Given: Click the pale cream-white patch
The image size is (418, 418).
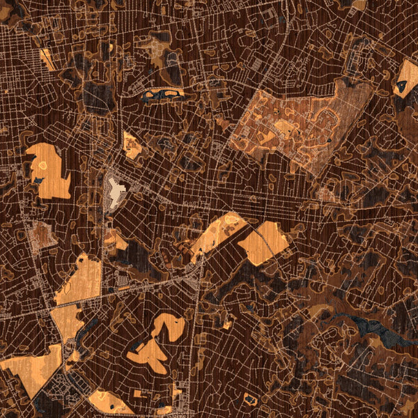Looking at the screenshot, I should coord(116,190).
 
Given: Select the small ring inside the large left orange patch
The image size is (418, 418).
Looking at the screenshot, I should coord(42,165).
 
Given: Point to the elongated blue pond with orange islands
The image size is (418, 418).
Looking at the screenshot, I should coord(162,92).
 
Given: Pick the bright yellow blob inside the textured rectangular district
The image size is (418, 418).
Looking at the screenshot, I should coord(285,127).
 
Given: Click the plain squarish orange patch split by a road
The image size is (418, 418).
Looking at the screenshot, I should coord(264,242).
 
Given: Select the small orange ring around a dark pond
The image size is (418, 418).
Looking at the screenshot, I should coord(249,399).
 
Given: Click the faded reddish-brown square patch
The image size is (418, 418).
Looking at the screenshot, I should coord(43,235).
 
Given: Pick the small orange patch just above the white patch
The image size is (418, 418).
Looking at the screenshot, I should coord(132,145).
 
